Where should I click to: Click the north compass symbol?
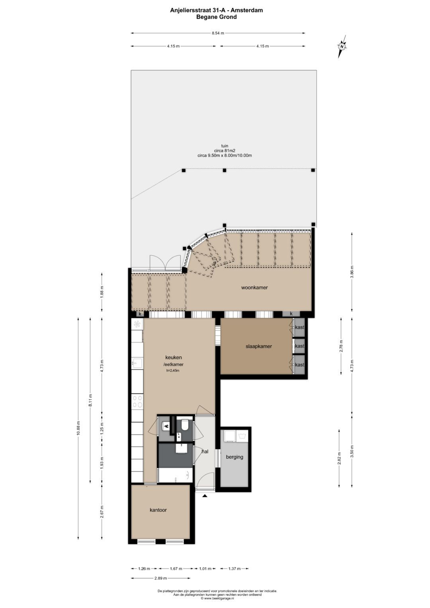[342, 46]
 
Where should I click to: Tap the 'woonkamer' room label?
[254, 287]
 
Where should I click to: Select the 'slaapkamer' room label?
[258, 346]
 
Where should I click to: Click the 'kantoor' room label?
[158, 510]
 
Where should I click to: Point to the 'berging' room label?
[235, 457]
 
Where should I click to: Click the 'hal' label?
[205, 452]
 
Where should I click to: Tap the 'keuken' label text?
[174, 358]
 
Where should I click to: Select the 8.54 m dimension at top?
[218, 33]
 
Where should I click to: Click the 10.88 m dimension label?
[78, 428]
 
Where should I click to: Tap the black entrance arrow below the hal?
[205, 496]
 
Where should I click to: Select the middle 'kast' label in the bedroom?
[299, 346]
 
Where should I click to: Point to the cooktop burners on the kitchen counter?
[137, 401]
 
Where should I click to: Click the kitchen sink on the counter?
[137, 363]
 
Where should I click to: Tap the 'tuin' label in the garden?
[225, 146]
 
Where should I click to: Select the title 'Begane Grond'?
[216, 17]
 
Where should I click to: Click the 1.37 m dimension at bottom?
[234, 569]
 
